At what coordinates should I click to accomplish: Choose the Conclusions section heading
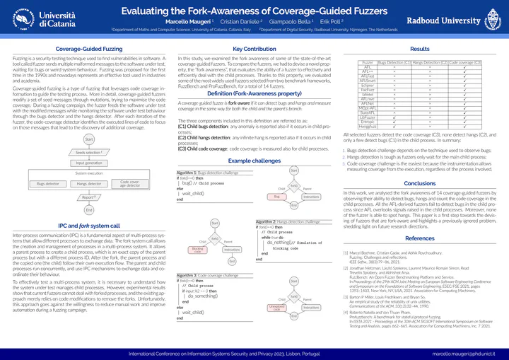tap(419, 182)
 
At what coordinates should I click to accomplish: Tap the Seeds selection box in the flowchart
tap(88, 152)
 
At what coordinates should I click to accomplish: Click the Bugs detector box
tap(48, 184)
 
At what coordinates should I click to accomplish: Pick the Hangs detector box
tap(88, 184)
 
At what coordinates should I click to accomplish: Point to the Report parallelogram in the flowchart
tap(88, 197)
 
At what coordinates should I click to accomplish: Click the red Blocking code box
tap(198, 250)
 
